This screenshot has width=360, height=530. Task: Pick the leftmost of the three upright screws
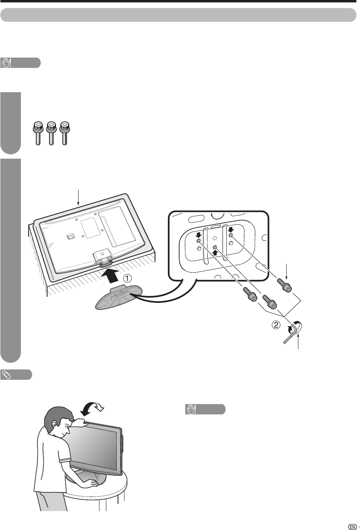38,132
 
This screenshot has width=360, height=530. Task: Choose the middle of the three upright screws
50,132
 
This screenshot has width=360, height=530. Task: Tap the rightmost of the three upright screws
63,132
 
